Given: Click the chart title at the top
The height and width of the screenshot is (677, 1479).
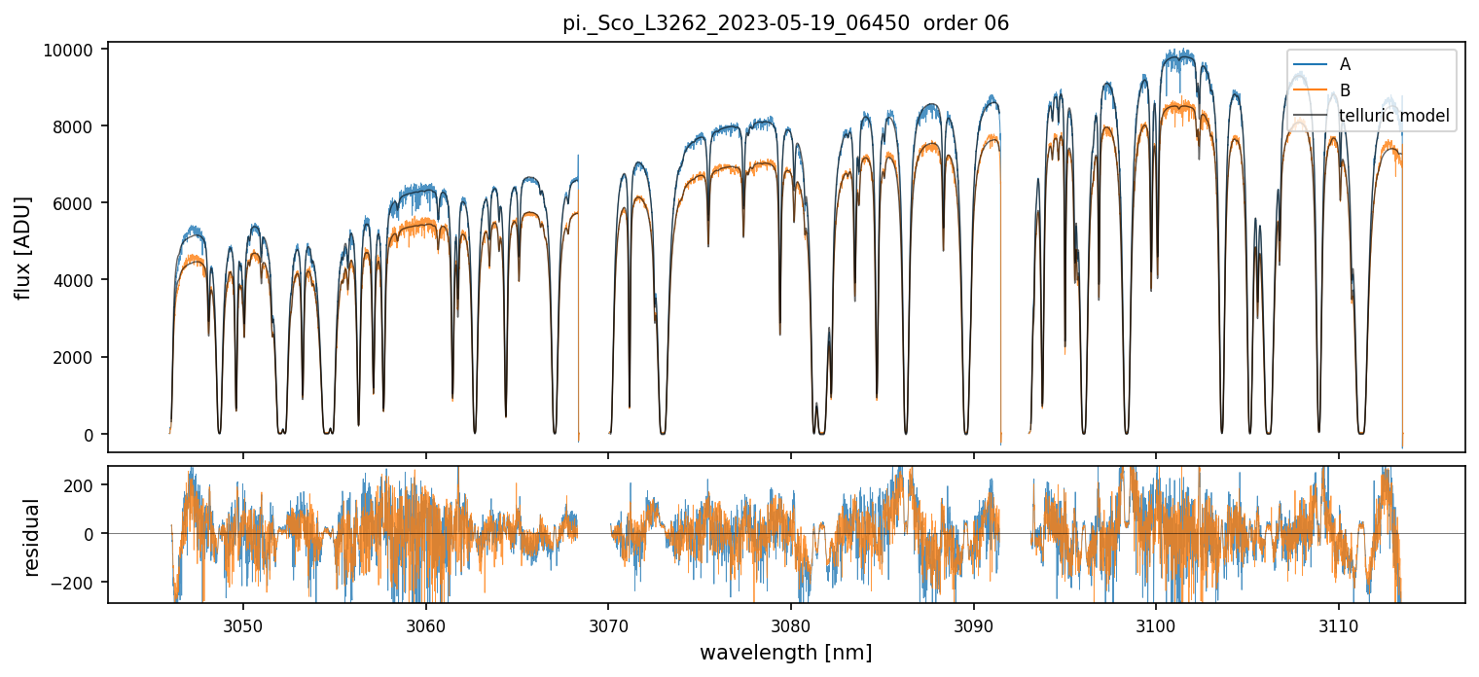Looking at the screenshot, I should pos(785,23).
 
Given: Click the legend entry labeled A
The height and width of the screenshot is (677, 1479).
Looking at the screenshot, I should pos(1345,64).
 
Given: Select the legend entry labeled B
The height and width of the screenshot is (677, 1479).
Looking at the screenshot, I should pos(1345,90).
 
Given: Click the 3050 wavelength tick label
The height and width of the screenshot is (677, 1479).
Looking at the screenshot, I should pos(242,624).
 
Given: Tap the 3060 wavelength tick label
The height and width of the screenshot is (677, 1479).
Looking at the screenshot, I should pos(425,624).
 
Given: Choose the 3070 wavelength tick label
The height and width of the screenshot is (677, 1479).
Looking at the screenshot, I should pos(608,624).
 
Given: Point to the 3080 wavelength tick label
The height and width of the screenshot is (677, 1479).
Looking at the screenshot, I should pos(790,624).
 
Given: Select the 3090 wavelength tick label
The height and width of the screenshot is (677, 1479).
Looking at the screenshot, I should pos(973,624).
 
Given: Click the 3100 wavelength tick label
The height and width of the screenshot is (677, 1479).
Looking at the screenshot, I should pos(1156,624).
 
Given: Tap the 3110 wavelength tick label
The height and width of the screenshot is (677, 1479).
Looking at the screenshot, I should pos(1338,624).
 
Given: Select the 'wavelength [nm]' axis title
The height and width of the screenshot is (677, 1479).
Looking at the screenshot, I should pos(785,653).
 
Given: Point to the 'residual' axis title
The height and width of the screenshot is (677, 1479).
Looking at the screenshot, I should pos(32,536).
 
